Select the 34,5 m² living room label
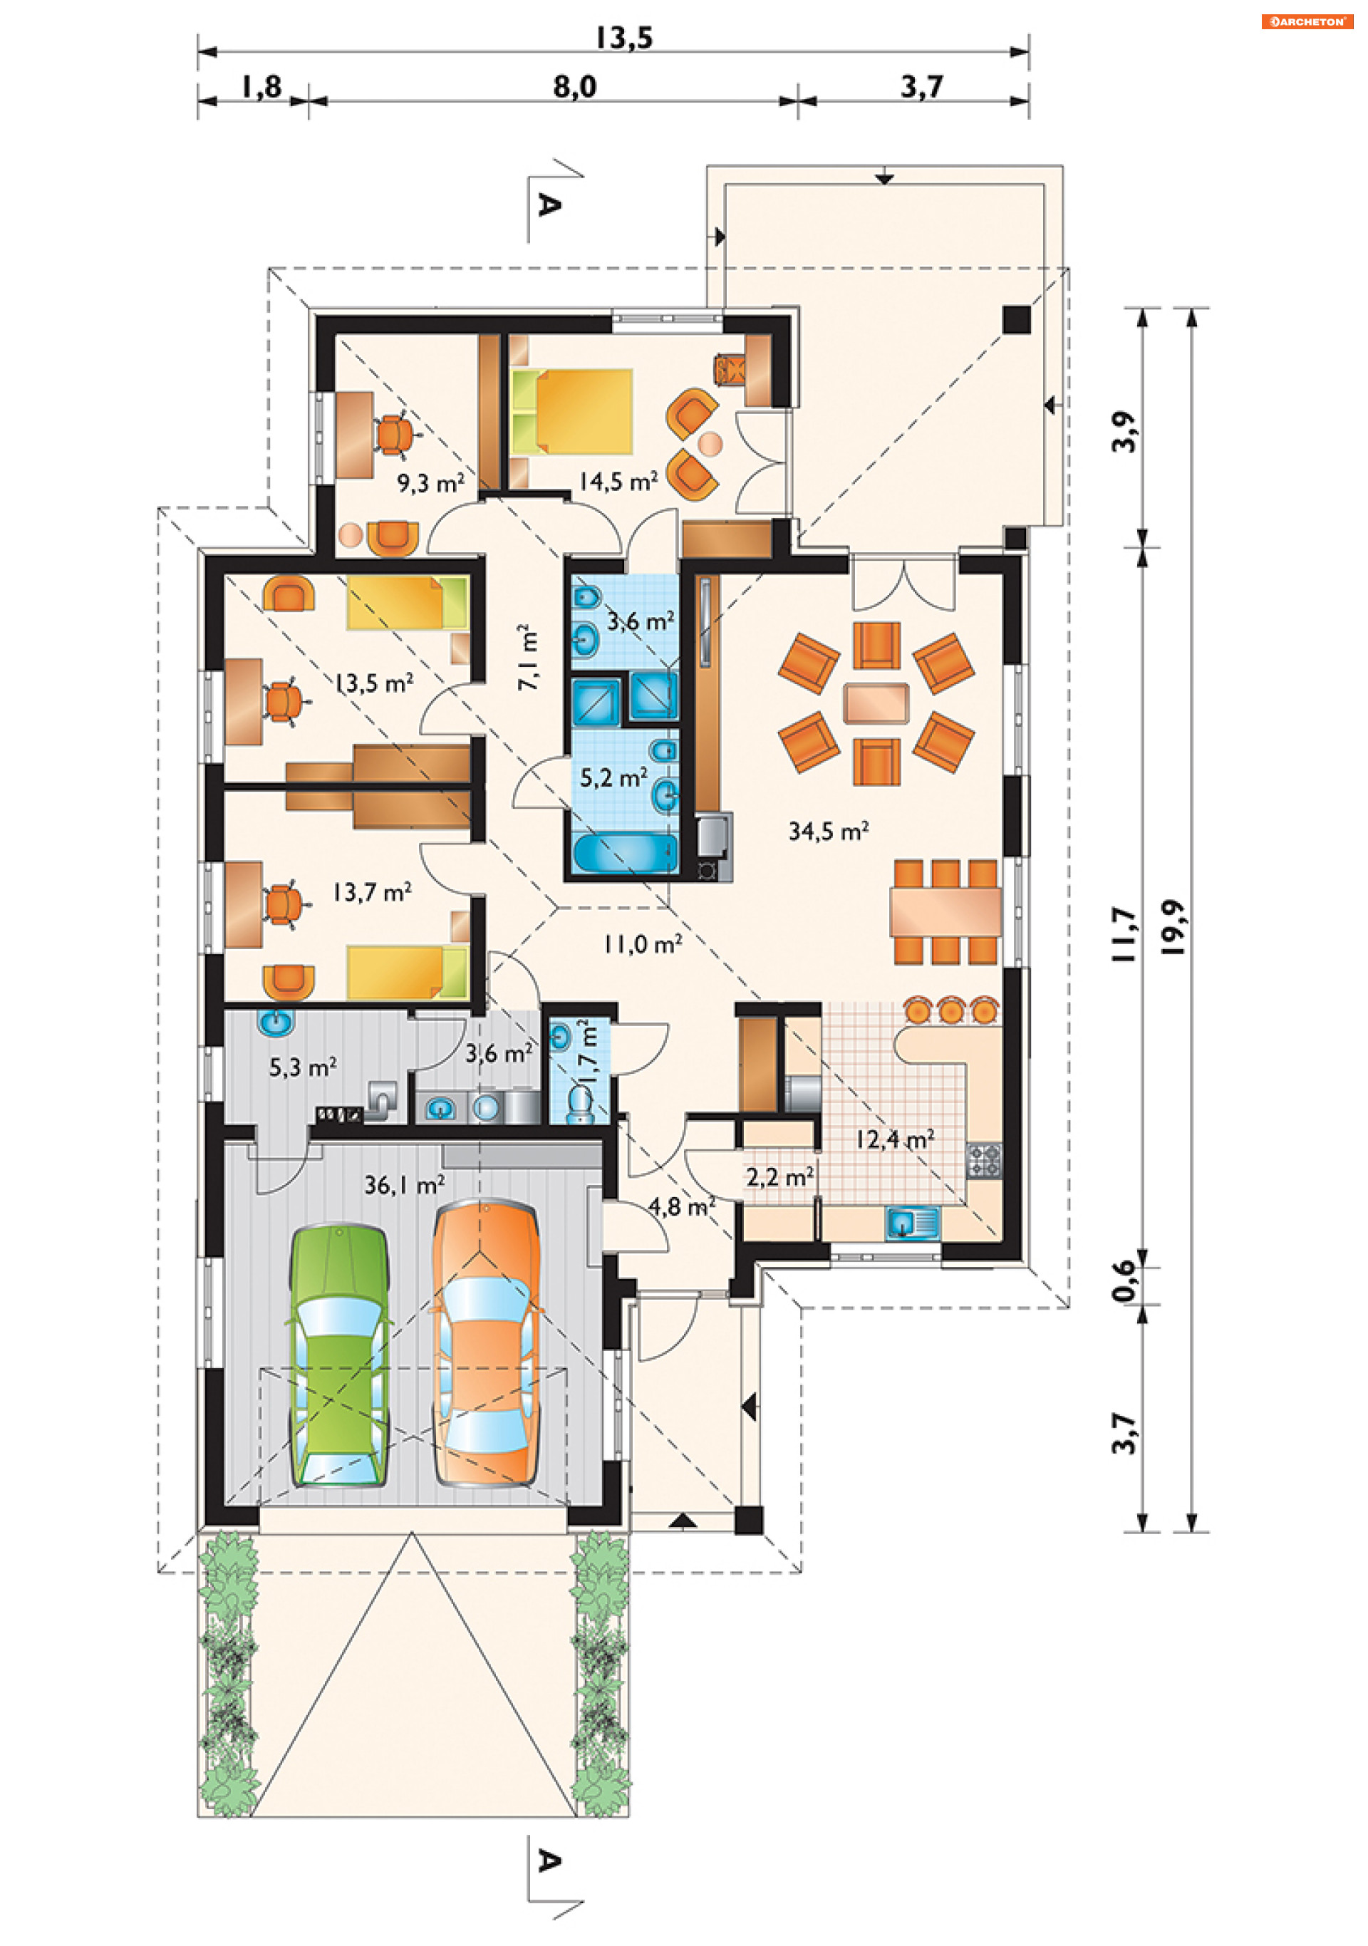coord(828,831)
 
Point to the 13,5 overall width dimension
coord(624,37)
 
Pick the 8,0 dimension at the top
coord(575,86)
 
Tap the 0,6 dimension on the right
coord(1123,1280)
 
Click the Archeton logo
coord(1306,22)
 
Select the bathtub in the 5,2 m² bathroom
coord(624,854)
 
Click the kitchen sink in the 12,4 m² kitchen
coord(912,1222)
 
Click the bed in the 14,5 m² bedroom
coord(572,411)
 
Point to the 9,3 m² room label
coord(430,484)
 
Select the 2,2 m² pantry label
coord(779,1176)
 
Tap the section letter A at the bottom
coord(549,1861)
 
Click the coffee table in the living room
coord(876,703)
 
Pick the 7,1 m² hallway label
coord(527,657)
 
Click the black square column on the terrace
coord(1016,319)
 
